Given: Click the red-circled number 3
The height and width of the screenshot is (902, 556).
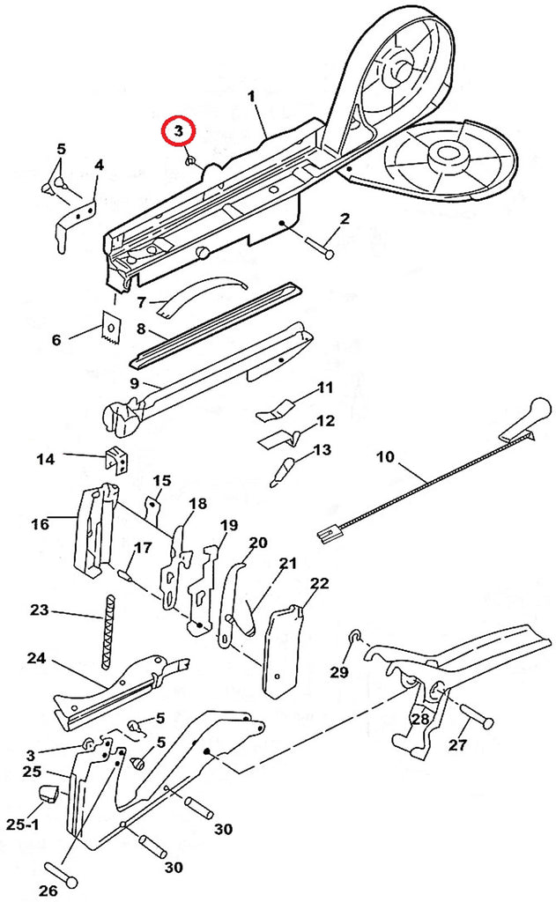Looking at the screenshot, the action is pyautogui.click(x=178, y=131).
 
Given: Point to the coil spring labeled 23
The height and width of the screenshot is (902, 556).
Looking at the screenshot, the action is pyautogui.click(x=107, y=632).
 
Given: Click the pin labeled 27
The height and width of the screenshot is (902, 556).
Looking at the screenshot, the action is pyautogui.click(x=476, y=716).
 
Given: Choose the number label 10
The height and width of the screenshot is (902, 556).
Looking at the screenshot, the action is pyautogui.click(x=386, y=457).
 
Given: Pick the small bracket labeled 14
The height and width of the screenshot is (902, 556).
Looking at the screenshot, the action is pyautogui.click(x=117, y=460).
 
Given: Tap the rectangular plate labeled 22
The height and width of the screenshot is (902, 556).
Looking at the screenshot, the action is pyautogui.click(x=282, y=650).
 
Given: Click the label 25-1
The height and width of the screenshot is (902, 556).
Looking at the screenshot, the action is pyautogui.click(x=24, y=824).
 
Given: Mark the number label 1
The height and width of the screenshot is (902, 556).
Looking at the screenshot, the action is pyautogui.click(x=251, y=97).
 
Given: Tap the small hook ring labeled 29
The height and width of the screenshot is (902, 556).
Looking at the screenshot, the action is pyautogui.click(x=354, y=636).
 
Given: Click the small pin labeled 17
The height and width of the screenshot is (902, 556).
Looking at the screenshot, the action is pyautogui.click(x=125, y=574).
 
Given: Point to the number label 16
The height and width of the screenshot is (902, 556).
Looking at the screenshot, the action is pyautogui.click(x=41, y=524).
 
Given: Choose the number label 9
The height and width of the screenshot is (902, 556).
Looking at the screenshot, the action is pyautogui.click(x=134, y=383).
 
